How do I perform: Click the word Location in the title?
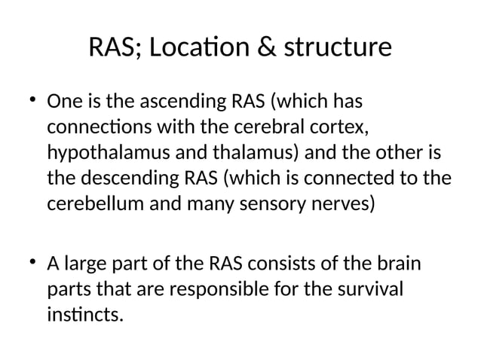[201, 48]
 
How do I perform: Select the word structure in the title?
[337, 48]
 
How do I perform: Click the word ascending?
[178, 100]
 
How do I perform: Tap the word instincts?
[84, 314]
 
